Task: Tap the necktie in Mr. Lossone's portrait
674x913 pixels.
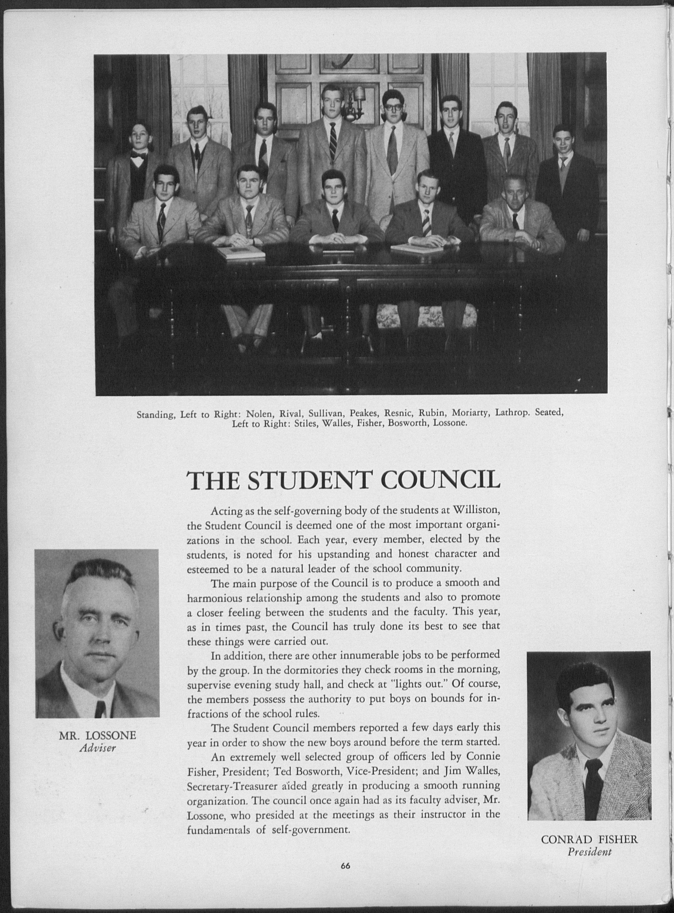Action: [x=100, y=708]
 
